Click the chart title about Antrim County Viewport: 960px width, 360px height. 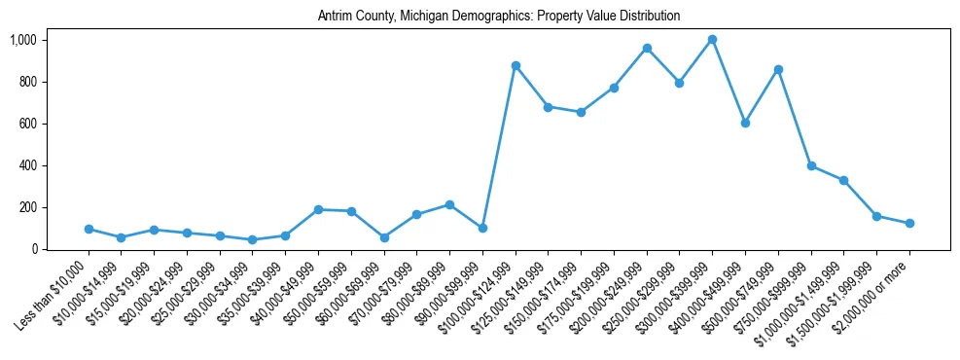coord(498,17)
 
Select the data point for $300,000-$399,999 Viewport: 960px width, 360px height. coord(712,40)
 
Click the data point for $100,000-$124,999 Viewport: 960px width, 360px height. coord(516,65)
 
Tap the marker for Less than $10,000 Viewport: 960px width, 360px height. coord(89,230)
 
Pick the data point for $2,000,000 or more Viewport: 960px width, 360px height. coord(909,224)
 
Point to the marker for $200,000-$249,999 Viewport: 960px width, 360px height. coord(647,48)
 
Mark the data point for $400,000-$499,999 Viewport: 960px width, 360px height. coord(745,123)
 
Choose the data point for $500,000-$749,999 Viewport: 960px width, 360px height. coord(778,69)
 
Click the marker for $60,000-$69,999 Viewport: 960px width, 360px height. coord(384,237)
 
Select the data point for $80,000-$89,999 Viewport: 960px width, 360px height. coord(449,205)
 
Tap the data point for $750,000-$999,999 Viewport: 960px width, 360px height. coord(811,165)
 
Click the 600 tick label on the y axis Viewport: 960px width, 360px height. coord(26,124)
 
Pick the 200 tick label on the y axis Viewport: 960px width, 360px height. coord(26,207)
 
